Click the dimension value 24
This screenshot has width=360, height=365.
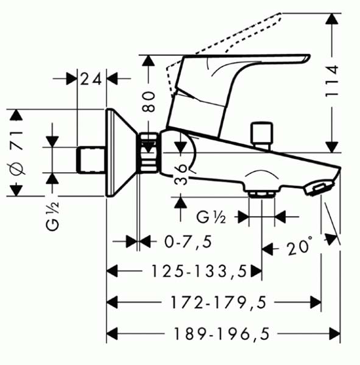[x=91, y=78]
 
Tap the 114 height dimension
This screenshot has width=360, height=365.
[x=331, y=81]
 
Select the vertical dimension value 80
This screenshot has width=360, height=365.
[x=149, y=102]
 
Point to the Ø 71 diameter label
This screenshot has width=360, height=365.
[x=16, y=153]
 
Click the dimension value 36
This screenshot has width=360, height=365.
[x=181, y=175]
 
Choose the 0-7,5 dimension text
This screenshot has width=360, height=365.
[x=188, y=242]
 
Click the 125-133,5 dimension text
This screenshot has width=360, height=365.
[x=199, y=271]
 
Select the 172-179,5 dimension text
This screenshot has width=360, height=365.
[x=219, y=302]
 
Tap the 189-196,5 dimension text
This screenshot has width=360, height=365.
[x=222, y=333]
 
